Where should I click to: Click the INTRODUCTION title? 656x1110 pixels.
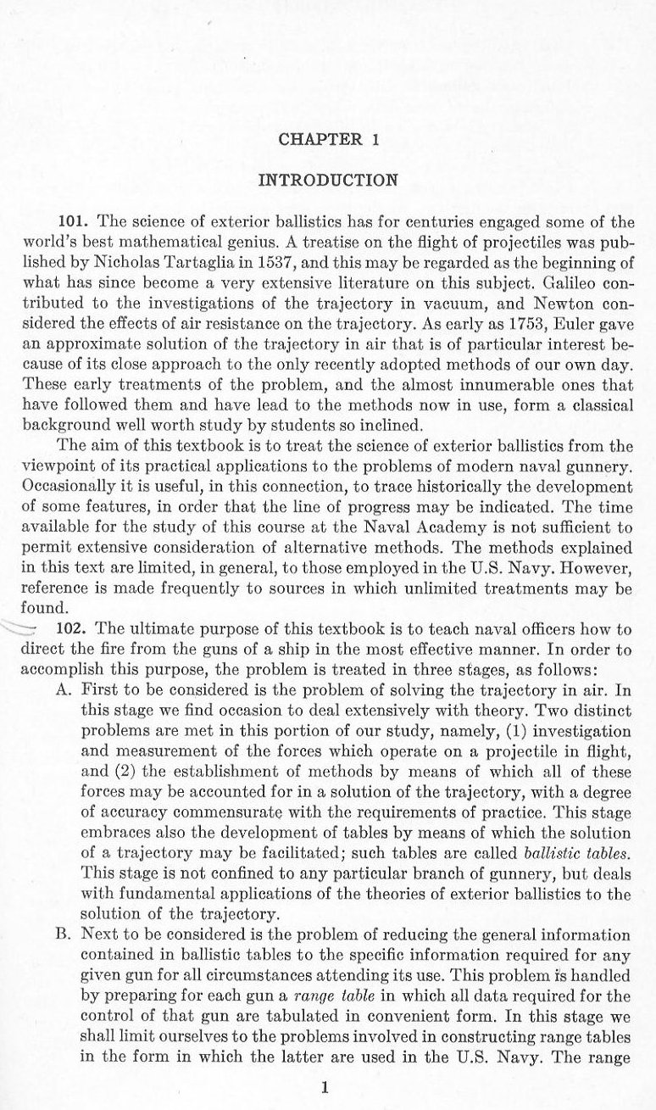pos(327,179)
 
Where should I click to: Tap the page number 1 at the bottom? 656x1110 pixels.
pos(325,1087)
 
